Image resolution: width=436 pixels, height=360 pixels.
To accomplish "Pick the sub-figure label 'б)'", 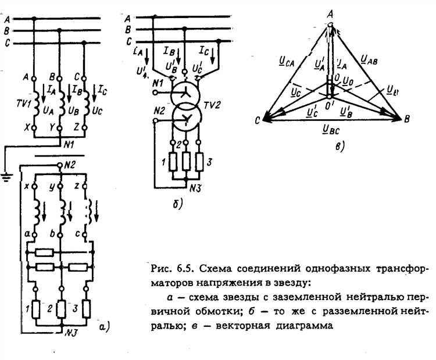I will pyautogui.click(x=178, y=203).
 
